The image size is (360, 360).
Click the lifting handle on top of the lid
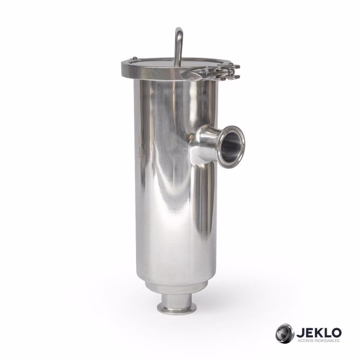click(179, 45)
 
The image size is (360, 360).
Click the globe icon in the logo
click(284, 333)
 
